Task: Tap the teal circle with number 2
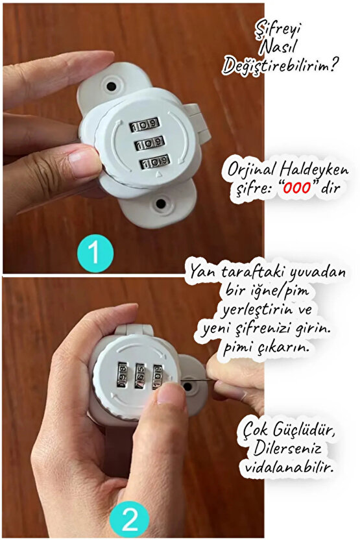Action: pos(130,520)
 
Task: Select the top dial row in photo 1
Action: pos(143,124)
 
